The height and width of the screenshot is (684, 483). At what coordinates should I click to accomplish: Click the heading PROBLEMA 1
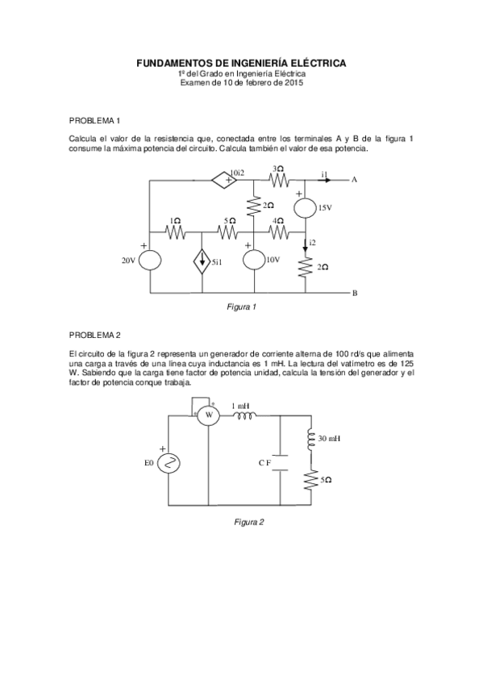[94, 120]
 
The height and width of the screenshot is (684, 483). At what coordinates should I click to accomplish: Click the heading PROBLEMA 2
[94, 334]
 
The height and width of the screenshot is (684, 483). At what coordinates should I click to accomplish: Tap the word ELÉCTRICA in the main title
[314, 62]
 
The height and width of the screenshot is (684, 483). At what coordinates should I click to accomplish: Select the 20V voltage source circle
[150, 261]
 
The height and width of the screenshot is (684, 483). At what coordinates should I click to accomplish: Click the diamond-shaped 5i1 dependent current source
[202, 261]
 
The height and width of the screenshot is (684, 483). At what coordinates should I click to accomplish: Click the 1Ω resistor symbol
[175, 232]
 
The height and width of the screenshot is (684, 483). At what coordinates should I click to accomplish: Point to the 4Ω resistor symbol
[278, 232]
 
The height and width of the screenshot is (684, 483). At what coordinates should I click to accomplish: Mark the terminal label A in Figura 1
[353, 180]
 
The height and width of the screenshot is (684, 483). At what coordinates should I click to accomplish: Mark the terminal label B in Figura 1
[353, 293]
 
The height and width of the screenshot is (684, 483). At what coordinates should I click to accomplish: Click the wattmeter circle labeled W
[209, 415]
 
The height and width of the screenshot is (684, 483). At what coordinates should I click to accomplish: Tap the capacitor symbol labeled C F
[278, 462]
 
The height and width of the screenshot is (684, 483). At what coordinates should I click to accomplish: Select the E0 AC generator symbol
[170, 462]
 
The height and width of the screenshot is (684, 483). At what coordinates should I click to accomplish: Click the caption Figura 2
[249, 521]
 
